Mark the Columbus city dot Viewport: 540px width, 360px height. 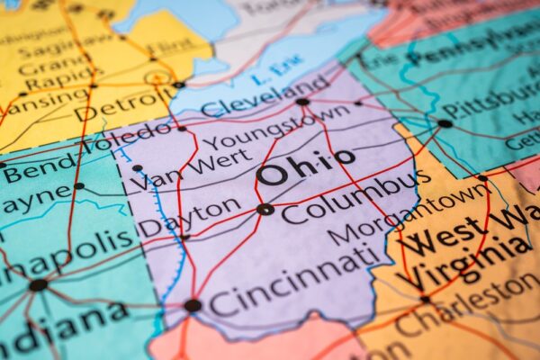pos(265,209)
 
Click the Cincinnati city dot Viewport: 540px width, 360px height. pos(193,305)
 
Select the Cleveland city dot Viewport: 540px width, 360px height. pos(302,102)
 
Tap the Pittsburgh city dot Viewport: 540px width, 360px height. pos(445,123)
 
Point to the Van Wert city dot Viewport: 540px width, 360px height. pos(137,167)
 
